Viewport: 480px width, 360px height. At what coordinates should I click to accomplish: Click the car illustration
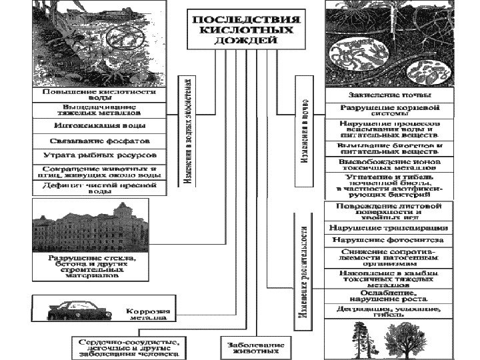pyautogui.click(x=77, y=311)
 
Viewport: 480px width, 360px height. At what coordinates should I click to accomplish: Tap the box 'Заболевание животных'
pyautogui.click(x=247, y=348)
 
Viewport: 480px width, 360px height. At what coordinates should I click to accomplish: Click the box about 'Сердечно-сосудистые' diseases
pyautogui.click(x=129, y=348)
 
